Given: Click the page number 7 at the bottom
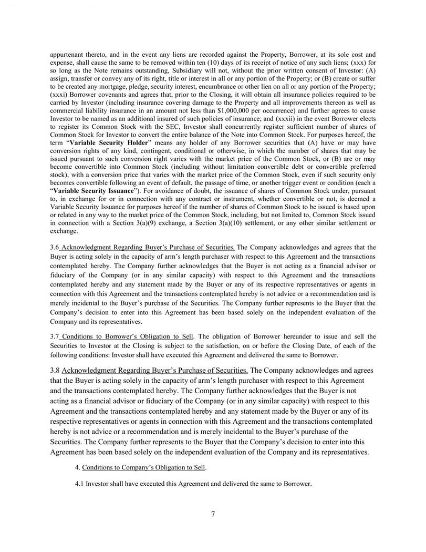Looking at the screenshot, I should (213, 514).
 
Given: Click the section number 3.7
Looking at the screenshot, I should (55, 336).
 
